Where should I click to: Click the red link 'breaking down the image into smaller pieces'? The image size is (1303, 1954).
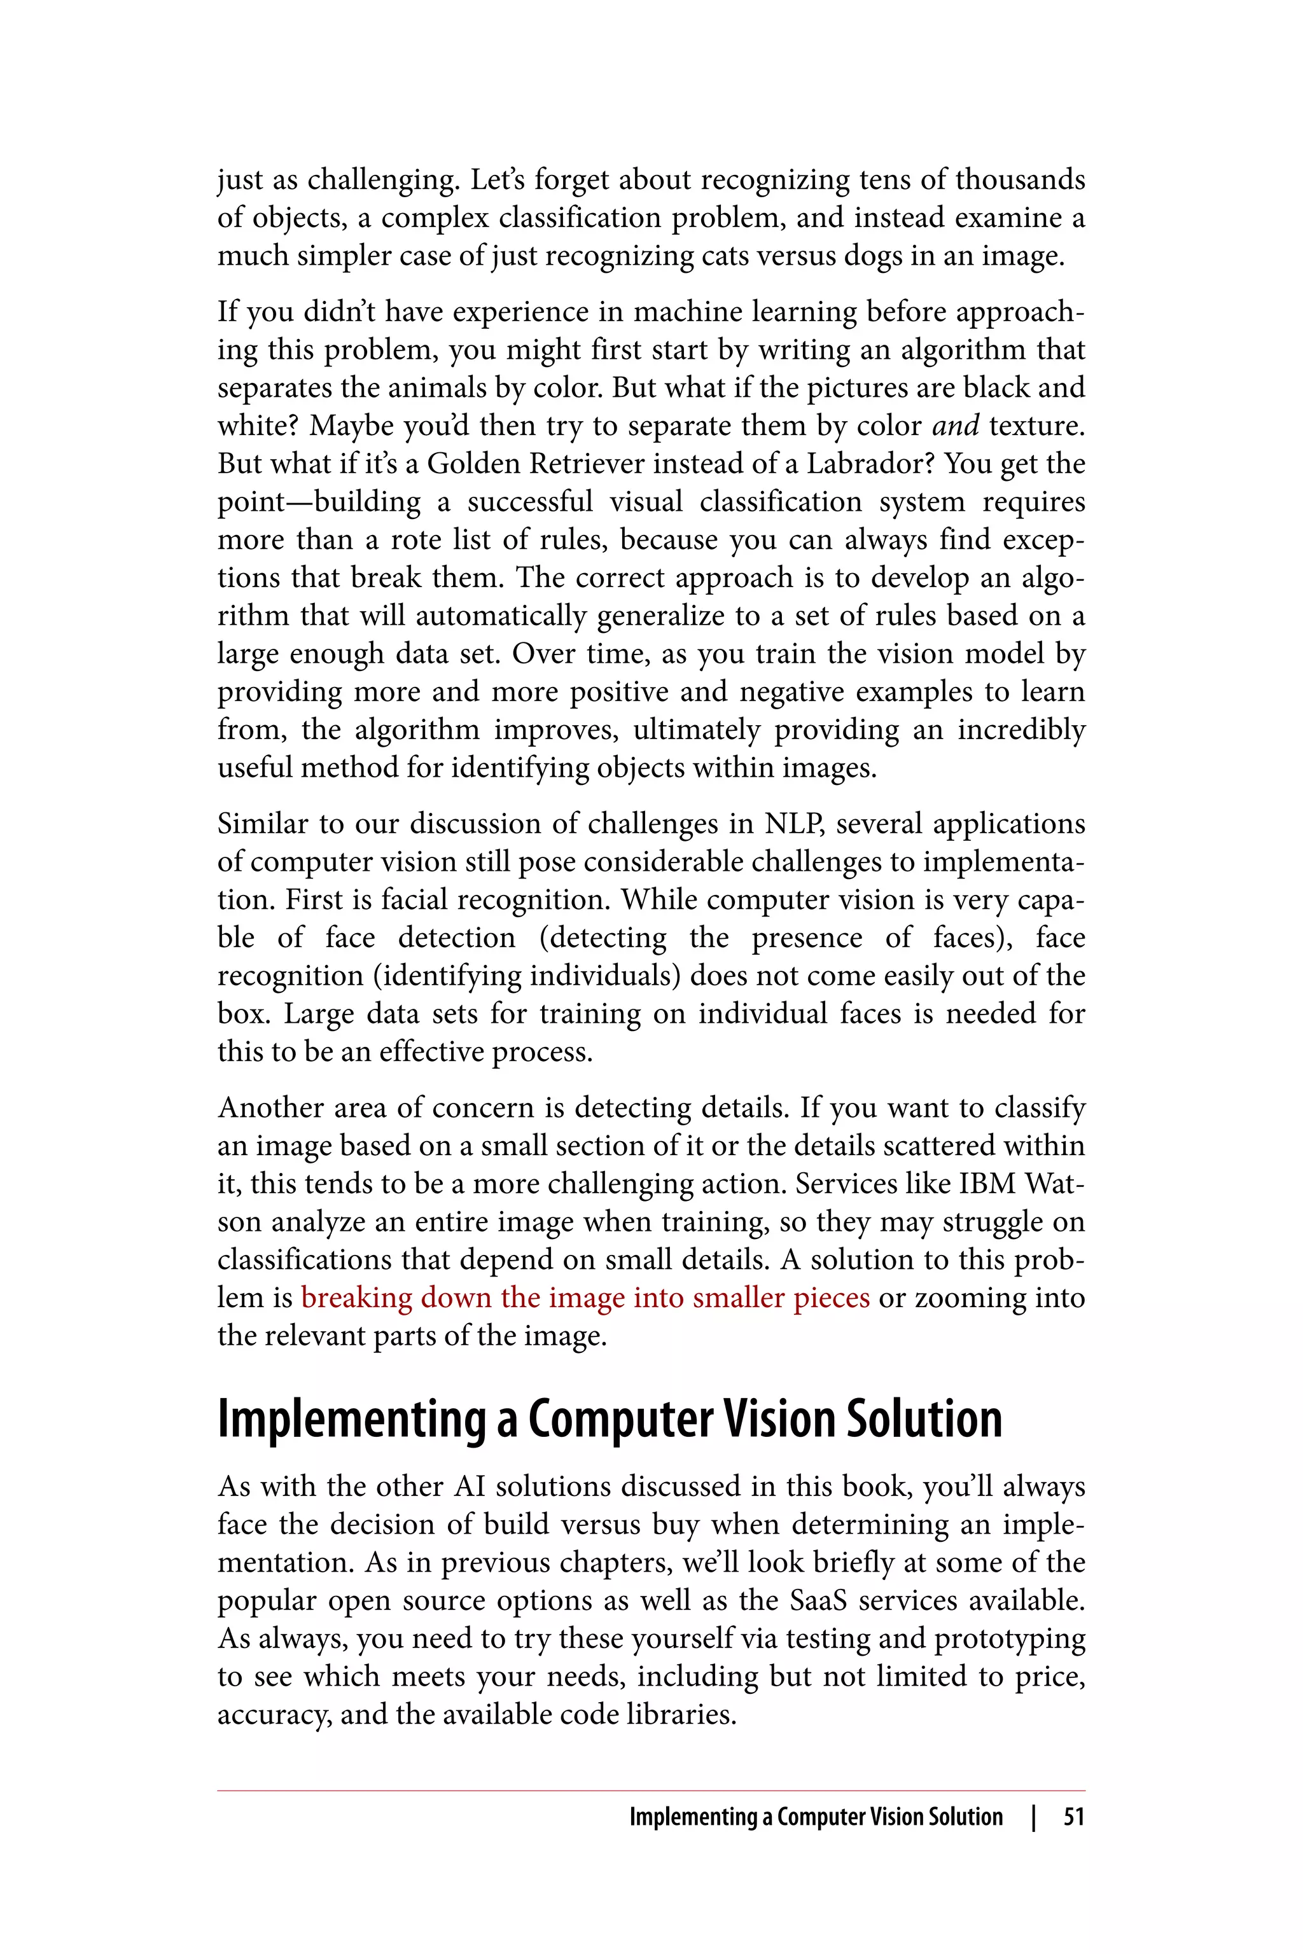(x=585, y=1298)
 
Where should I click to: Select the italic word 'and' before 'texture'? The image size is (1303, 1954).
(x=955, y=426)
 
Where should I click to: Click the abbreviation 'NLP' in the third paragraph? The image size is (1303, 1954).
(x=793, y=824)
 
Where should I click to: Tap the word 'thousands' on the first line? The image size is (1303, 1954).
(x=1021, y=179)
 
